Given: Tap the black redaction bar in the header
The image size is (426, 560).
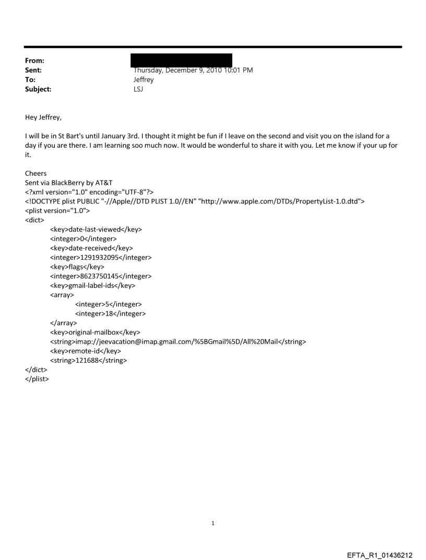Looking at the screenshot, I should (182, 60).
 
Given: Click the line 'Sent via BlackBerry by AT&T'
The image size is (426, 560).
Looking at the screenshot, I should (68, 183).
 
